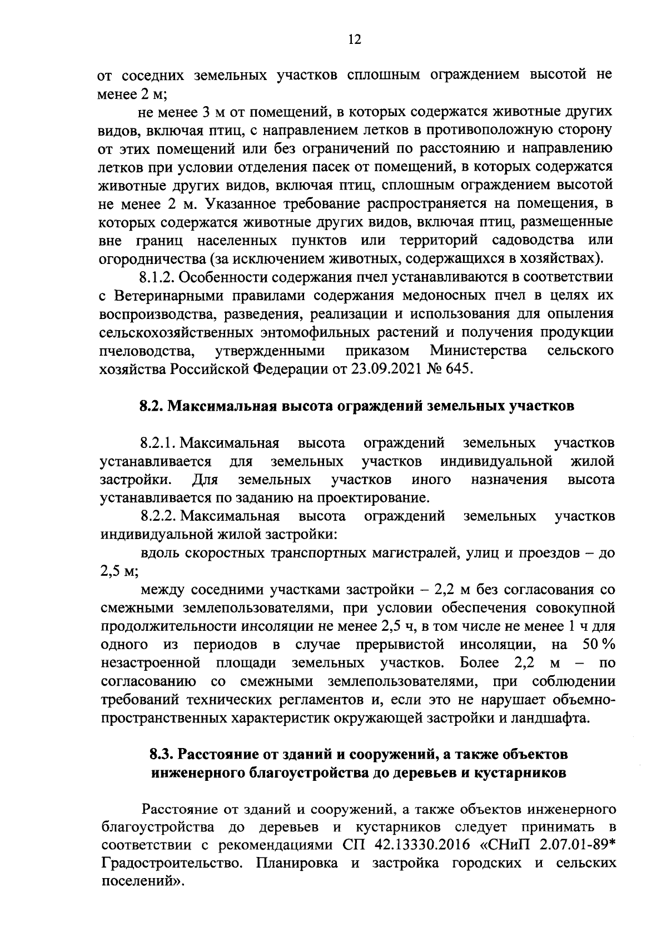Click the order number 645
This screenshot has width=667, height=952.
point(457,369)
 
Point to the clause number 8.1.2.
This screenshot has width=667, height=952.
point(157,277)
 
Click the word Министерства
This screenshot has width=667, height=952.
point(479,351)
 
